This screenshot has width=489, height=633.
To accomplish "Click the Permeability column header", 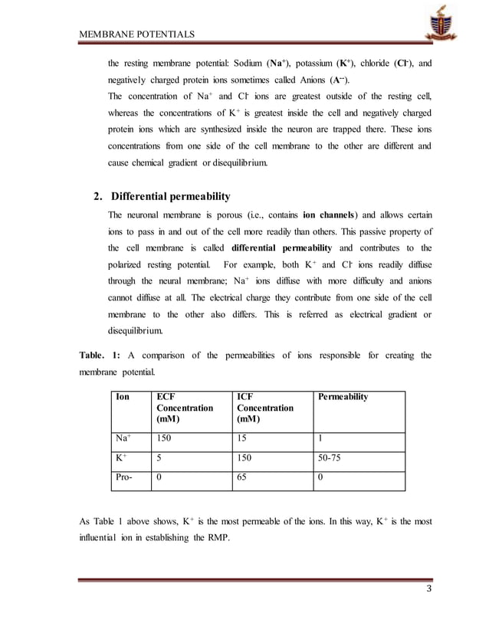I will pos(343,397).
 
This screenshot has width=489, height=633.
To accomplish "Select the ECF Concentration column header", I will pos(184,408).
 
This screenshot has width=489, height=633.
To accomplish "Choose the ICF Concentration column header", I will pos(265,408).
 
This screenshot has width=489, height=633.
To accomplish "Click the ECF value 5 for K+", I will pos(159,458).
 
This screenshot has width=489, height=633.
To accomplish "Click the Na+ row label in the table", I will pos(123,438).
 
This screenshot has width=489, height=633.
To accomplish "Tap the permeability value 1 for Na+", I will pos(320,438).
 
